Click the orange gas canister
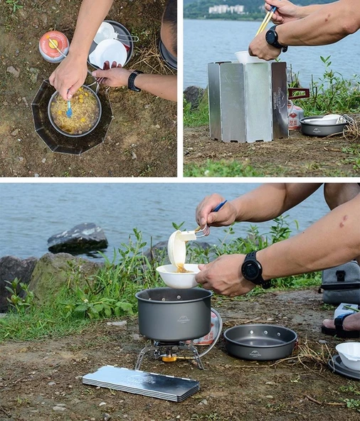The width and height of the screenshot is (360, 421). coord(53,46)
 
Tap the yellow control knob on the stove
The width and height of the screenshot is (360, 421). coord(169,358)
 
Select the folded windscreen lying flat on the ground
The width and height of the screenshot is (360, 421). coord(140,383)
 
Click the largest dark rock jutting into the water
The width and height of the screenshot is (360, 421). coord(78,238)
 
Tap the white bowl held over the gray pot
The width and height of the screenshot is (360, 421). coord(177,276)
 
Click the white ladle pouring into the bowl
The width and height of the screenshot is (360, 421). coord(178,246)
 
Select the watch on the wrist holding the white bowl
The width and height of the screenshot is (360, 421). coord(253,270)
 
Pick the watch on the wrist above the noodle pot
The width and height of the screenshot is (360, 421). coord(134,80)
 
